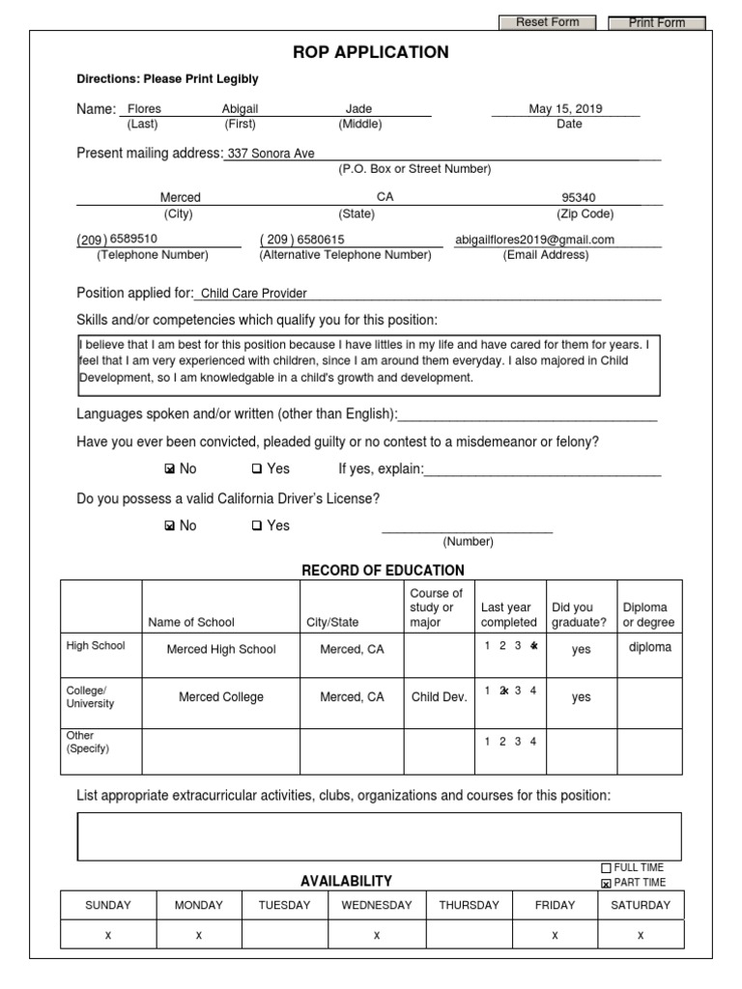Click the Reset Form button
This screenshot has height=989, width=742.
pyautogui.click(x=547, y=22)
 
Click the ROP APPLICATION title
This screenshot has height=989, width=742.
pyautogui.click(x=371, y=52)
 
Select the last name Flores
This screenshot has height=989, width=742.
pyautogui.click(x=145, y=109)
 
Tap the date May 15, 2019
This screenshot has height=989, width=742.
pyautogui.click(x=565, y=109)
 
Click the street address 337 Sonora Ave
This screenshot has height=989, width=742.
pyautogui.click(x=271, y=154)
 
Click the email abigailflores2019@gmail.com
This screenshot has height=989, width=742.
pyautogui.click(x=534, y=240)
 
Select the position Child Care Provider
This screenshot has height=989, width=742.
pyautogui.click(x=253, y=294)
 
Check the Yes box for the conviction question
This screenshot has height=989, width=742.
pyautogui.click(x=257, y=469)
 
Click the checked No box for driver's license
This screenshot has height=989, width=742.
pyautogui.click(x=170, y=526)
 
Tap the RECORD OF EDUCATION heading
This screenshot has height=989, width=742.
pyautogui.click(x=383, y=571)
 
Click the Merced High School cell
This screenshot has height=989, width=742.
pyautogui.click(x=221, y=649)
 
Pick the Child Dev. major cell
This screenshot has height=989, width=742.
pyautogui.click(x=439, y=697)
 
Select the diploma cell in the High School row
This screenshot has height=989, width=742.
pyautogui.click(x=649, y=648)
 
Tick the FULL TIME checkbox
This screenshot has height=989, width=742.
pyautogui.click(x=606, y=868)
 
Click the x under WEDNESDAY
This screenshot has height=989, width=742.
pyautogui.click(x=376, y=935)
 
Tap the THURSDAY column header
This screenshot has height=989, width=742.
pyautogui.click(x=469, y=905)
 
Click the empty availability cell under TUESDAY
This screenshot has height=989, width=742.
pyautogui.click(x=284, y=935)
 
